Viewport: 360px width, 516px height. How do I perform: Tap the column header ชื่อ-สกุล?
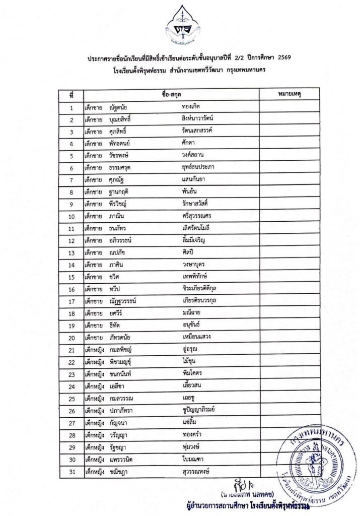(172, 94)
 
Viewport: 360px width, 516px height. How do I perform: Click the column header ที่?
(72, 94)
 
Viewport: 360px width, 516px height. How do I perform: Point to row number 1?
(72, 107)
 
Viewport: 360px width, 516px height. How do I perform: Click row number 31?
(72, 472)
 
